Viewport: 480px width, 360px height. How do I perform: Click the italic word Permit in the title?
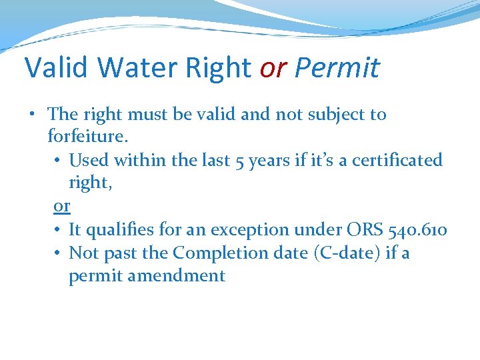coord(337,67)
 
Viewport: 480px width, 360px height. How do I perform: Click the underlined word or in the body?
coord(61,207)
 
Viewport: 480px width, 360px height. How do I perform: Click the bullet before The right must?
coord(32,115)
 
